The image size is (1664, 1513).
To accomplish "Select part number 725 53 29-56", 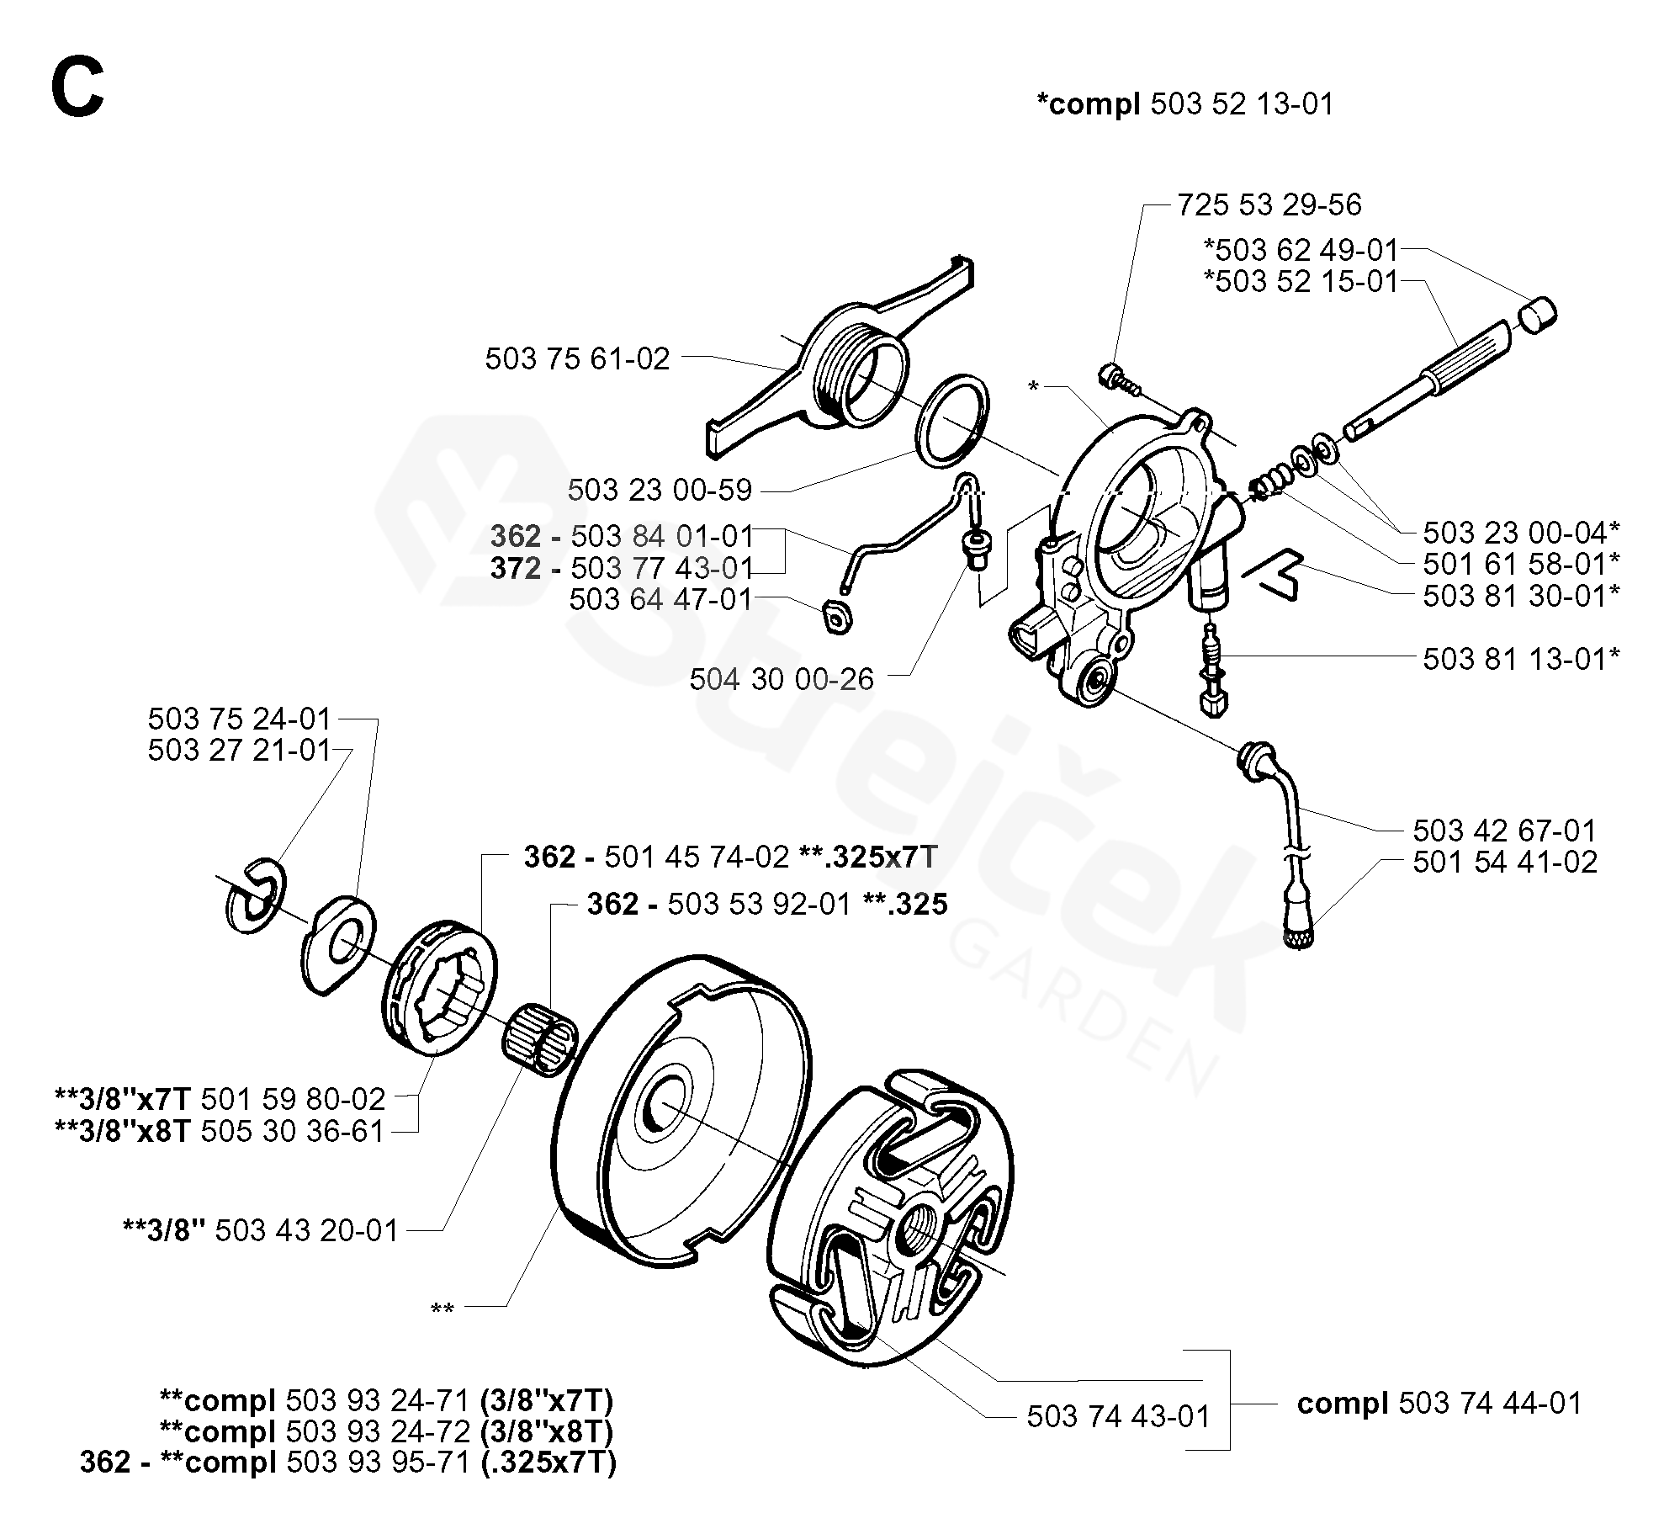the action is [x=1269, y=204].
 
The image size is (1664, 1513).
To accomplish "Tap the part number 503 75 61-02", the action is [x=577, y=358].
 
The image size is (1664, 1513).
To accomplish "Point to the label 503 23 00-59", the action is [x=660, y=490].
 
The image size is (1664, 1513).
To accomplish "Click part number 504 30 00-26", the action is [x=782, y=679].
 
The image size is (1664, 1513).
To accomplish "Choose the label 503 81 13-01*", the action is [x=1521, y=659].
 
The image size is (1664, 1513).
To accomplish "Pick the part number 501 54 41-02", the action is [x=1505, y=862].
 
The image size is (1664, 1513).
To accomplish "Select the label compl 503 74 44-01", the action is [x=1439, y=1403].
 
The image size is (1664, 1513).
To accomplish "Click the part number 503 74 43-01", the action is [x=1118, y=1416].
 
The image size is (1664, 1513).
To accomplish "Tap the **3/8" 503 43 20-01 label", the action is [x=260, y=1230].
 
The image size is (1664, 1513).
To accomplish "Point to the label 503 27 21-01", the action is [x=240, y=750].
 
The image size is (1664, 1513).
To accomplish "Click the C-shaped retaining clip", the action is [x=256, y=896].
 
